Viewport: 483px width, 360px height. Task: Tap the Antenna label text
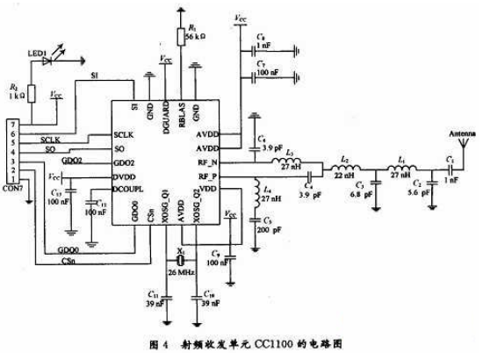click(451, 133)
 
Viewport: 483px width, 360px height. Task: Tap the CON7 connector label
click(14, 212)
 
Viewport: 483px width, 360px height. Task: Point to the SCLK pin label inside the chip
click(126, 136)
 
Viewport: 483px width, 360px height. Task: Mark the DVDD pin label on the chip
click(126, 176)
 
